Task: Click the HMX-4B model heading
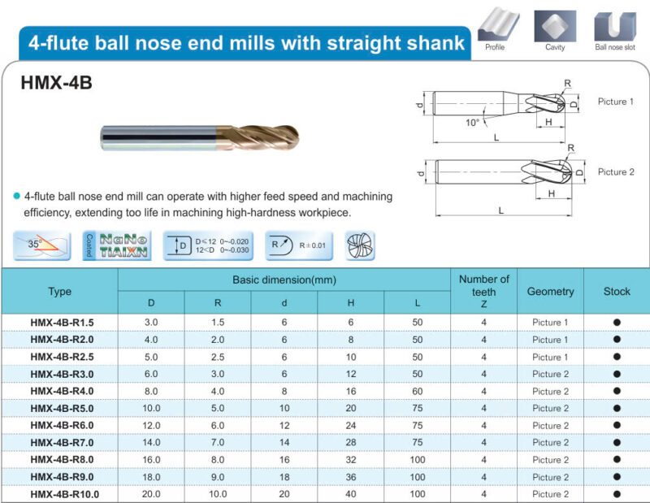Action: point(56,83)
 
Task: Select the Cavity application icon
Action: point(555,26)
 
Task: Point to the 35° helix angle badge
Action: point(42,245)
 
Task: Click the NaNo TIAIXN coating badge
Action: point(117,245)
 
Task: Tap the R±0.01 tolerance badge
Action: point(299,245)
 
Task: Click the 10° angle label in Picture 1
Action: point(472,123)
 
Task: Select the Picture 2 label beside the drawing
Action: point(616,171)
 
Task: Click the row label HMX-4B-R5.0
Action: point(62,409)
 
